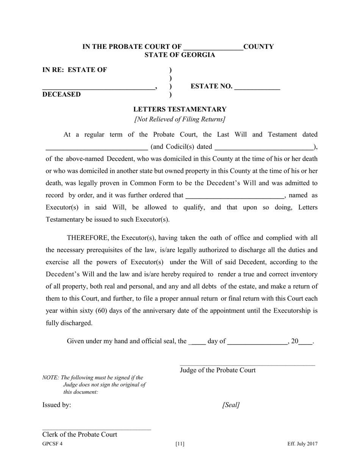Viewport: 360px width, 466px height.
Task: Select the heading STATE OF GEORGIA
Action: pos(180,55)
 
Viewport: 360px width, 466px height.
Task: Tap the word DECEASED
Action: pos(61,94)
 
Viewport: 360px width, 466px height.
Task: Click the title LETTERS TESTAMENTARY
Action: pos(180,109)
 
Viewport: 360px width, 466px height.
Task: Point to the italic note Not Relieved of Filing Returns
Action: pos(180,119)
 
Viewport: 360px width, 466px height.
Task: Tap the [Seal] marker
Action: pos(231,405)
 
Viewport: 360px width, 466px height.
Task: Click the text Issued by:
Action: pos(56,405)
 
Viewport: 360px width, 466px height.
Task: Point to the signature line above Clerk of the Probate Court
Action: pos(97,430)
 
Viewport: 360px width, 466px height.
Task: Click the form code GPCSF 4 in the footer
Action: pos(52,444)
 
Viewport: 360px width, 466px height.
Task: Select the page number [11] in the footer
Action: pos(180,444)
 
